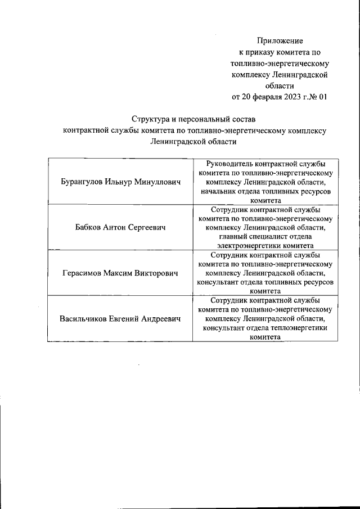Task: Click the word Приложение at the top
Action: pyautogui.click(x=280, y=40)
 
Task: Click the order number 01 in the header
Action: pyautogui.click(x=323, y=96)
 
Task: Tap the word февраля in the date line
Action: pyautogui.click(x=262, y=96)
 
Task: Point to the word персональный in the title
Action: pyautogui.click(x=208, y=119)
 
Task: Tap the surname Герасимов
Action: pyautogui.click(x=83, y=273)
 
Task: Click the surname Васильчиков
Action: pyautogui.click(x=85, y=319)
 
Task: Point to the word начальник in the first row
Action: pyautogui.click(x=220, y=191)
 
